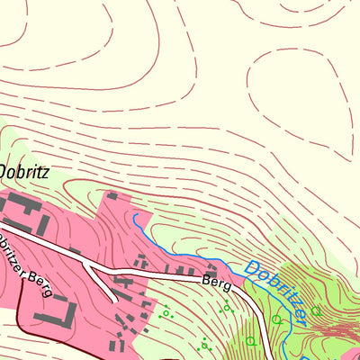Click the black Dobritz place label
(22, 170)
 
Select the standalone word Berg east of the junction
(215, 283)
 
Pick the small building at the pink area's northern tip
(112, 195)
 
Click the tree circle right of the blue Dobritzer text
(315, 311)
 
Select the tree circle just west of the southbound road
(249, 341)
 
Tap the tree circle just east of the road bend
(277, 318)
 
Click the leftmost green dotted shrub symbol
(164, 314)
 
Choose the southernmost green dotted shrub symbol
(206, 343)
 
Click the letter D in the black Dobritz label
(4, 170)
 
